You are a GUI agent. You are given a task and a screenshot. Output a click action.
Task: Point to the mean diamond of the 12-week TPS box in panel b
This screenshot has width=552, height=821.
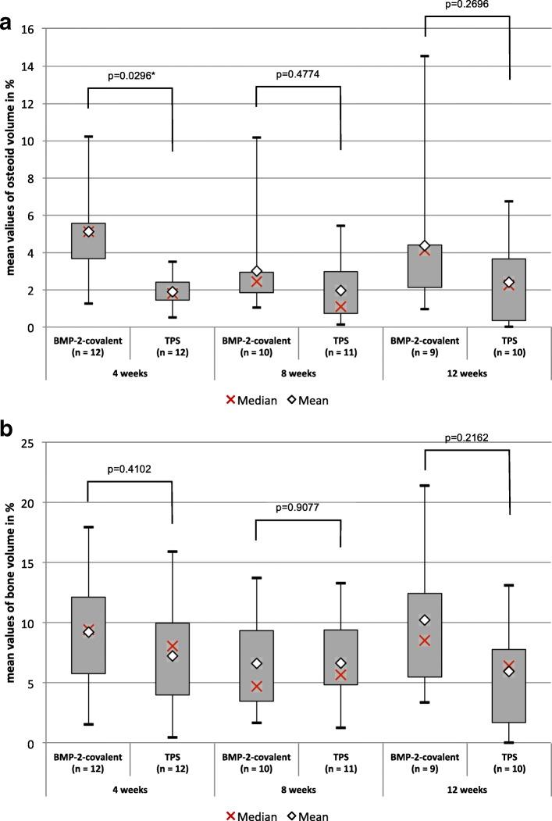pos(509,671)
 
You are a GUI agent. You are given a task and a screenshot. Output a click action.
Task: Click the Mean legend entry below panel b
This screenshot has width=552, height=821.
pos(306,815)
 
